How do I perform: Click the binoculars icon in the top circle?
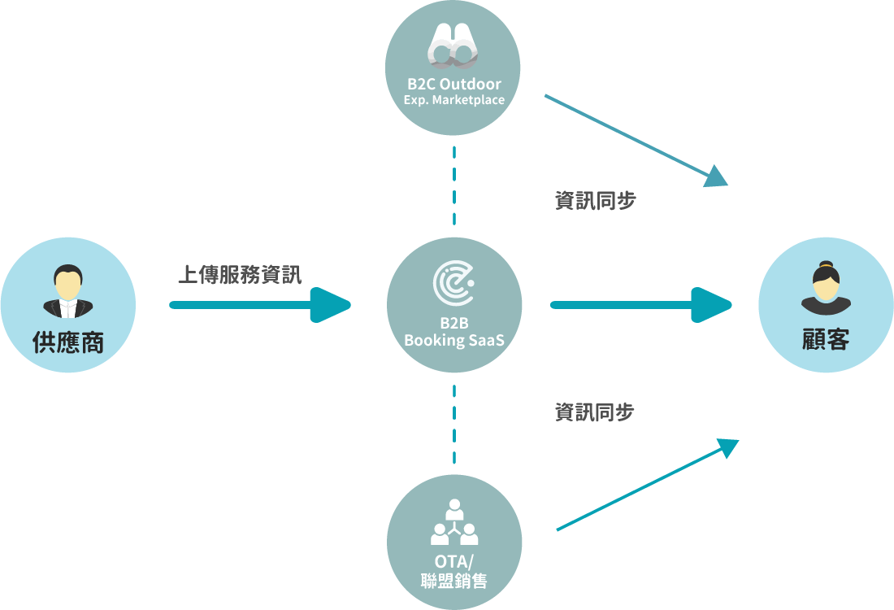click(453, 45)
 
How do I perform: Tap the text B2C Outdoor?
click(454, 84)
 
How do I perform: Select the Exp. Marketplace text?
click(454, 100)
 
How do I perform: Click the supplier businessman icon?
click(68, 291)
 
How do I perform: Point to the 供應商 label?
click(68, 342)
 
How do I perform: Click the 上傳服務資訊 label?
click(239, 275)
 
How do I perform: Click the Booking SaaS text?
click(454, 340)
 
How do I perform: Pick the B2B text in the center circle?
click(454, 323)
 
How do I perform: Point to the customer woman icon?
click(826, 288)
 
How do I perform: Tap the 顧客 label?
click(826, 340)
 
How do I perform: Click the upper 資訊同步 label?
click(595, 201)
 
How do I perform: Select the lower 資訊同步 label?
click(595, 412)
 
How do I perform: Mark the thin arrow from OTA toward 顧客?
click(646, 486)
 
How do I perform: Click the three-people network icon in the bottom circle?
click(454, 523)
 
